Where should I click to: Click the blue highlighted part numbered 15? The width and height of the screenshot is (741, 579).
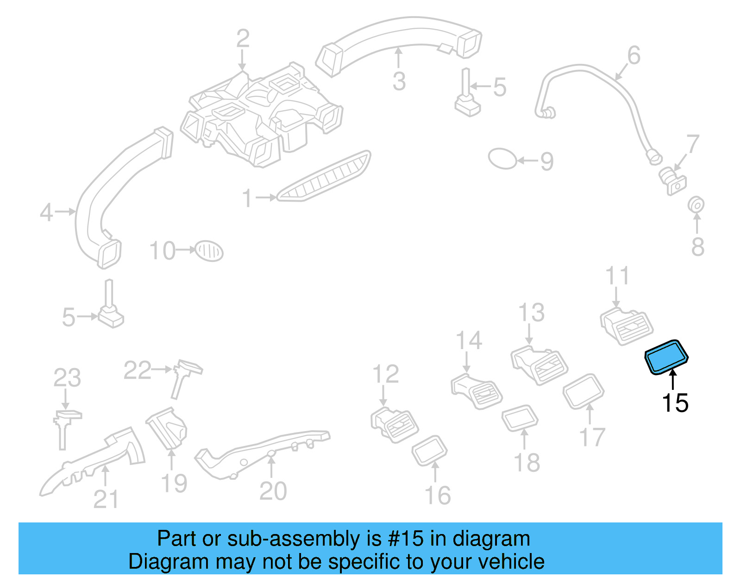pos(667,357)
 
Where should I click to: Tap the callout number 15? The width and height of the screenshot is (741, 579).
pos(675,403)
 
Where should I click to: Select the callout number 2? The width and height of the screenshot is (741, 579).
pos(243,38)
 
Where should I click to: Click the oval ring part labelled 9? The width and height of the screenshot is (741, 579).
pos(502,159)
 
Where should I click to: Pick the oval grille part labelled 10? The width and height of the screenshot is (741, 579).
pos(209,251)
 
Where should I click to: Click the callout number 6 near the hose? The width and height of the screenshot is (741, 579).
pos(634,55)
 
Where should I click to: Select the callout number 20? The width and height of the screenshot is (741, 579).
pos(273,491)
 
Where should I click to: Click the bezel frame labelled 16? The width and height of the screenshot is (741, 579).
pos(430,450)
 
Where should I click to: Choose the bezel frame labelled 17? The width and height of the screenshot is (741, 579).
pos(584,391)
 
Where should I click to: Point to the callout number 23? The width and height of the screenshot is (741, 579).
pos(67,377)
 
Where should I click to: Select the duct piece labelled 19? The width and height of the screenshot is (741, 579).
pos(168,429)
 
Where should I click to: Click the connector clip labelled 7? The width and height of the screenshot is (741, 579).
pos(672,180)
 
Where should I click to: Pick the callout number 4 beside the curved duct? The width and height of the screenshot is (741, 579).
pos(46,213)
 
